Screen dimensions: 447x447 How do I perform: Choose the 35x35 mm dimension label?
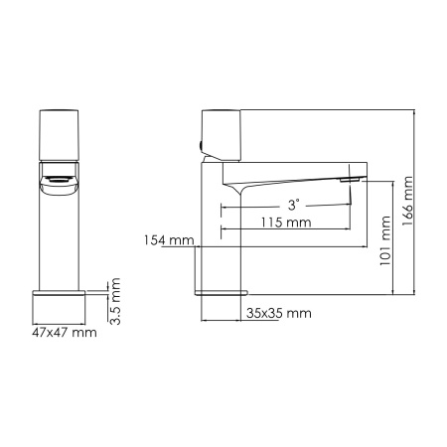(x=278, y=314)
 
